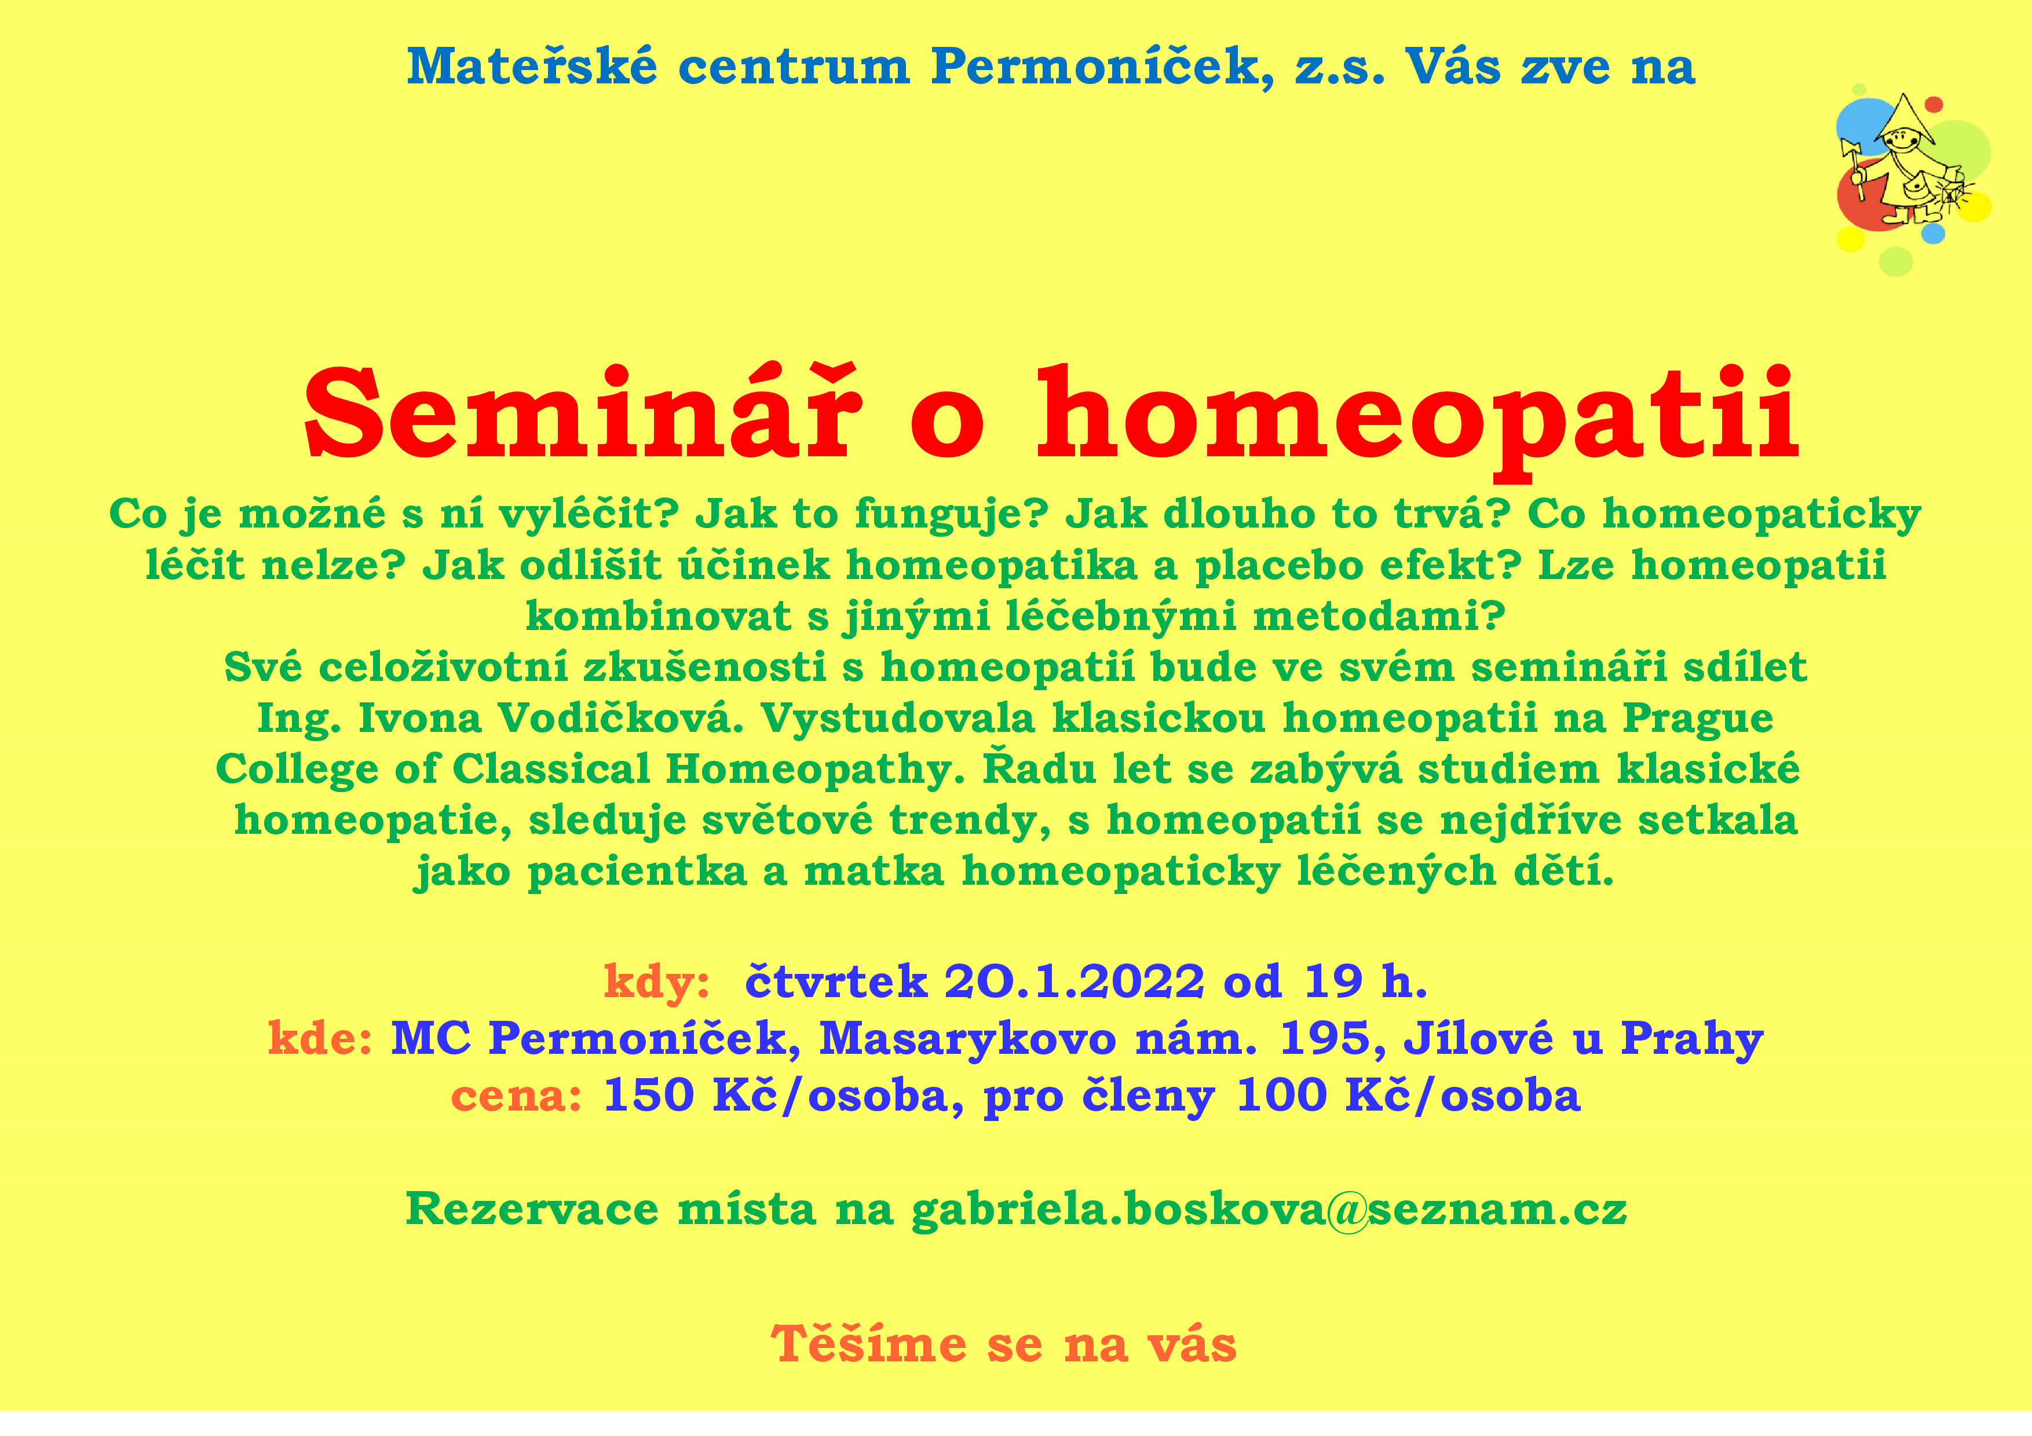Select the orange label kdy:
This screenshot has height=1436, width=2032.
[x=657, y=982]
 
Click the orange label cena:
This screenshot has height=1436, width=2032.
[x=517, y=1096]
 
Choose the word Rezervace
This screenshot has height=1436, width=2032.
[x=532, y=1208]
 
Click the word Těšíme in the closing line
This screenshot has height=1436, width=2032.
[x=868, y=1344]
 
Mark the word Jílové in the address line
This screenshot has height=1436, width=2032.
[x=1478, y=1039]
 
